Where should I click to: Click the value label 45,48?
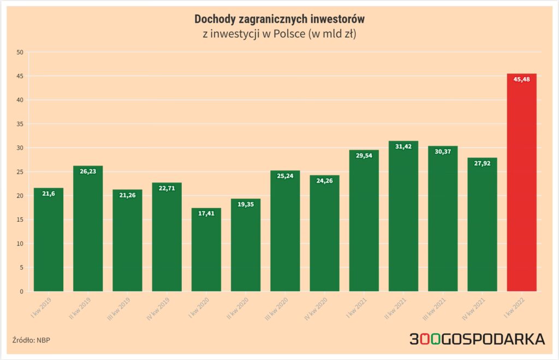coord(521,79)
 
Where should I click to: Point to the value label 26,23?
coord(88,171)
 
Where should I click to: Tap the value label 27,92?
coord(482,163)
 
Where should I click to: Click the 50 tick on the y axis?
coord(20,52)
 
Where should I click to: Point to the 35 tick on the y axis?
coord(20,124)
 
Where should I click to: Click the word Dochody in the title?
coord(216,19)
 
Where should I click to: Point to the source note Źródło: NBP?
coord(31,340)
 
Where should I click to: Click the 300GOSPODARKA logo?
coord(477,339)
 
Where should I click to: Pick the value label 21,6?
coord(49,193)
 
